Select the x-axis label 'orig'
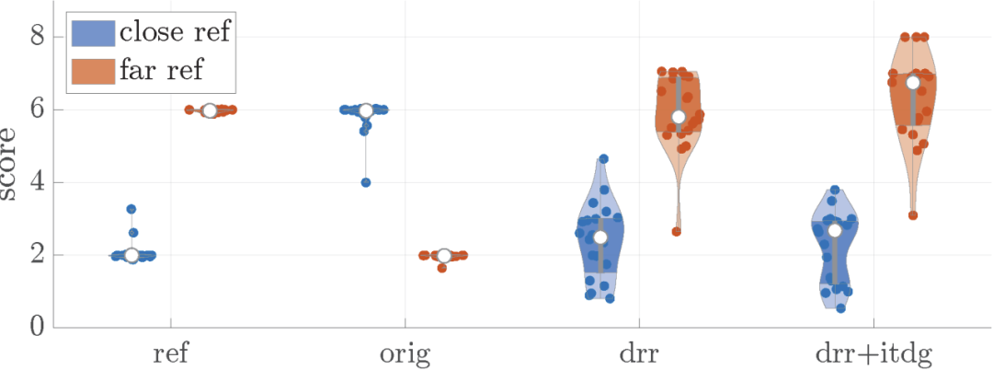(405, 353)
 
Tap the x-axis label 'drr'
(639, 353)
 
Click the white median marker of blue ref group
(131, 255)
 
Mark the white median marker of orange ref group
(210, 110)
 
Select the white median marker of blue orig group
(366, 110)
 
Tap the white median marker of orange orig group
(444, 255)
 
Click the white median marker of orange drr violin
(679, 117)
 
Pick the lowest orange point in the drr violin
(677, 231)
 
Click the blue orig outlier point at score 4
(366, 182)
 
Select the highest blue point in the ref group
(131, 209)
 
